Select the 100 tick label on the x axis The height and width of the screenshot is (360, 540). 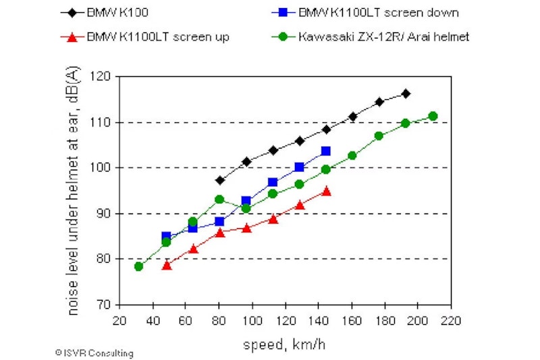252,319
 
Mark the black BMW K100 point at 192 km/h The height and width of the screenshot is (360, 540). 406,94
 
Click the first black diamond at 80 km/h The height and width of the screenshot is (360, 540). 220,180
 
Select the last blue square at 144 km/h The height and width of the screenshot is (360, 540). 326,151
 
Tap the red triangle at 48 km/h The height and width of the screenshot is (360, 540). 167,265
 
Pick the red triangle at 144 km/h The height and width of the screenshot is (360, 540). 326,191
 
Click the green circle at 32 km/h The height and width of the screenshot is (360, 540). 138,266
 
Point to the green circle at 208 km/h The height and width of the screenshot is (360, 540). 433,116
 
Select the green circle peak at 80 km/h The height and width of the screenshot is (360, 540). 220,199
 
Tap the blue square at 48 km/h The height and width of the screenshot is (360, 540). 167,237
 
